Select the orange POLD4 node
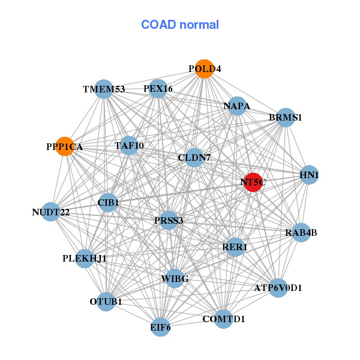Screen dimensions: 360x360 pyautogui.click(x=204, y=68)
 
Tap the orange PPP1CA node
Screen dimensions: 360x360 pyautogui.click(x=65, y=146)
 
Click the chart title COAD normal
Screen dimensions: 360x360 pyautogui.click(x=180, y=25)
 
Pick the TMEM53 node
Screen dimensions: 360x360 pyautogui.click(x=104, y=89)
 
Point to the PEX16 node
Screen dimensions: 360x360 pyautogui.click(x=158, y=88)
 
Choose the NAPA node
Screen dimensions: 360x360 pyautogui.click(x=237, y=106)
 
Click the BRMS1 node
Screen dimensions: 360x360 pyautogui.click(x=285, y=118)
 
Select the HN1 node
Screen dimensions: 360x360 pyautogui.click(x=308, y=175)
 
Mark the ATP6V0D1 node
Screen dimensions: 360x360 pyautogui.click(x=278, y=287)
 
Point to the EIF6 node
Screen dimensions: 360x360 pyautogui.click(x=160, y=327)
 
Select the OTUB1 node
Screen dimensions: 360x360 pyautogui.click(x=106, y=301)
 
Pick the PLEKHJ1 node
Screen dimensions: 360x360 pyautogui.click(x=85, y=259)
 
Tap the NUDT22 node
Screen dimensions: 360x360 pyautogui.click(x=51, y=211)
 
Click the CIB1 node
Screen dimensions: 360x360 pyautogui.click(x=108, y=203)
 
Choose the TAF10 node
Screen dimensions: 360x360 pyautogui.click(x=129, y=145)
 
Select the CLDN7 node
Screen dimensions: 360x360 pyautogui.click(x=194, y=157)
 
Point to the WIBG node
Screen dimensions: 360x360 pyautogui.click(x=175, y=278)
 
